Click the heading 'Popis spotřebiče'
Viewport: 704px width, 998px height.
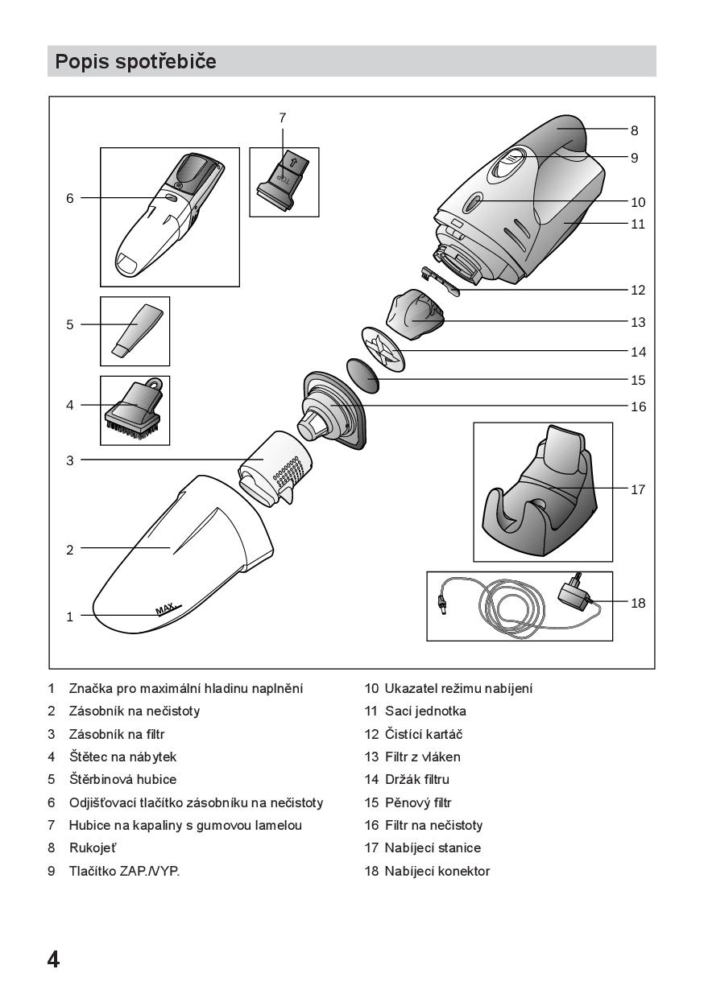(x=135, y=61)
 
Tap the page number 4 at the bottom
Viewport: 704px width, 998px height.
(x=53, y=959)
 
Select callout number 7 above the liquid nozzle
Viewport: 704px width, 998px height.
(x=283, y=118)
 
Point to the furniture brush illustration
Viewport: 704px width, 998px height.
(x=135, y=409)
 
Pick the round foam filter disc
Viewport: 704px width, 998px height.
(x=363, y=376)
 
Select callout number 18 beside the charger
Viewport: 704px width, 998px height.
(x=638, y=603)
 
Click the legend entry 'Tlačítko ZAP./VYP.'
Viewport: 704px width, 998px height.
(x=124, y=871)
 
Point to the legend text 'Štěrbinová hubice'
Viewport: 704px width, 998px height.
(x=122, y=780)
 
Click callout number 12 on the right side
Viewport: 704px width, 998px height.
(x=638, y=291)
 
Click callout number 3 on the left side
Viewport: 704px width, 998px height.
(x=70, y=461)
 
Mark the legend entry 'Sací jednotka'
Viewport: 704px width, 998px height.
(x=425, y=711)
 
